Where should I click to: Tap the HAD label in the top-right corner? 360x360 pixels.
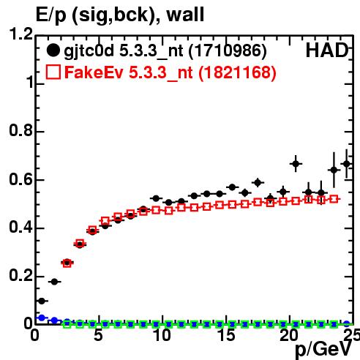point(327,50)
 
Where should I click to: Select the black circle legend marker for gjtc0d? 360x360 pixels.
point(53,50)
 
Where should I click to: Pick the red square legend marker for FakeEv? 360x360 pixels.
point(53,72)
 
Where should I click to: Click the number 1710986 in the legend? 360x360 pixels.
point(228,51)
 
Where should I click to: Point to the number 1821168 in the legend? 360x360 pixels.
point(237,72)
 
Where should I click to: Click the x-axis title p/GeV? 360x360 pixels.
point(323,350)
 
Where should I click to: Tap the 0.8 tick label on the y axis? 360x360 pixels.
point(20,130)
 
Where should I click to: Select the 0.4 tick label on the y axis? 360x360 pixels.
point(20,227)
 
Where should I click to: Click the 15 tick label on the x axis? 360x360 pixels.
point(227,335)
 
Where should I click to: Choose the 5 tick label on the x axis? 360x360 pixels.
point(98,335)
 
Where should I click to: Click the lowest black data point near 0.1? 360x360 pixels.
point(42,301)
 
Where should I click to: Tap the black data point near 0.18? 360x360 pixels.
point(54,282)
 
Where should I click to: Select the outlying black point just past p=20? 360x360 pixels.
point(296,164)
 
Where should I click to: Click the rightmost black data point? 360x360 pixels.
point(347,164)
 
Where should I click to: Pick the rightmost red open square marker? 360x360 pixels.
point(334,199)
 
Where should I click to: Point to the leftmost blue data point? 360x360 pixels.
point(42,318)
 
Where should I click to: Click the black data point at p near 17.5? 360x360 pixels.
point(258,182)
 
